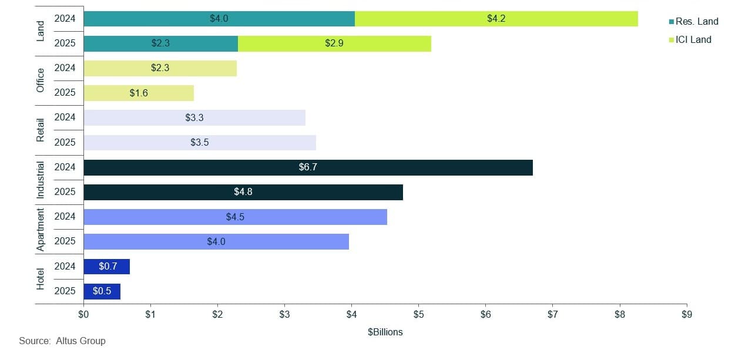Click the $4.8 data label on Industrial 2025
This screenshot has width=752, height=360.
tap(243, 192)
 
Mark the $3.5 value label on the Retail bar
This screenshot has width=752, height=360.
tap(200, 143)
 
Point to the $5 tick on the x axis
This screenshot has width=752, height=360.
tap(418, 315)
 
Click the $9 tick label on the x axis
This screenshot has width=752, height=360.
tap(686, 315)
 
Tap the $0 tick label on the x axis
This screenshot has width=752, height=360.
tap(83, 315)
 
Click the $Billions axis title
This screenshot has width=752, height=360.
tap(385, 332)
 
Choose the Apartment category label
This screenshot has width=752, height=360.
tap(41, 229)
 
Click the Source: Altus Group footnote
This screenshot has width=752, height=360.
tap(62, 341)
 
